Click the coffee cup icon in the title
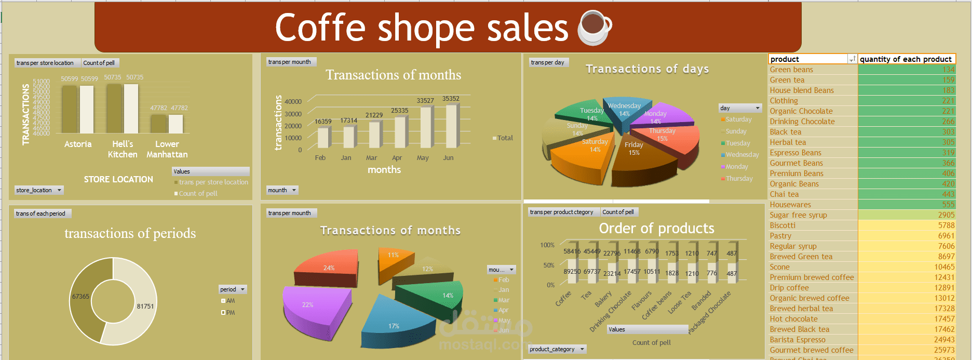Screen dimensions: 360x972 [595, 28]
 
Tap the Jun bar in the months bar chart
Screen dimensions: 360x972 [451, 126]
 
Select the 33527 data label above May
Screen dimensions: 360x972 [425, 101]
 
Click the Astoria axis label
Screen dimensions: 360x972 [78, 144]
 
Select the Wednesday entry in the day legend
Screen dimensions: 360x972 [742, 155]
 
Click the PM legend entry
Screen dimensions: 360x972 [230, 313]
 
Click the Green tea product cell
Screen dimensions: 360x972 [787, 80]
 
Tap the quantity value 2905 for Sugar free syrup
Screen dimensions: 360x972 [946, 215]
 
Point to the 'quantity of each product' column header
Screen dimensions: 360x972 [906, 59]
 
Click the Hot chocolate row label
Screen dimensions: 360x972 [793, 319]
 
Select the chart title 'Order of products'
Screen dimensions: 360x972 [656, 229]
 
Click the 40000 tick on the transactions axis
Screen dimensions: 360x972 [293, 102]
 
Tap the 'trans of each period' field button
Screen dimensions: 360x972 [40, 214]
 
